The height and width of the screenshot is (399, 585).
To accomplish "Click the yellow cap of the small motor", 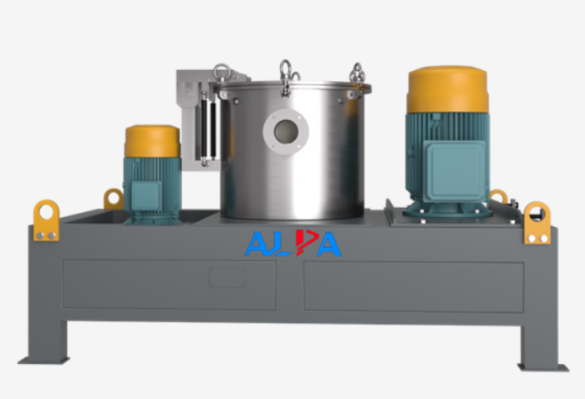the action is point(153,141).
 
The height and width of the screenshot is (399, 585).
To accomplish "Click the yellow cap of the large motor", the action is point(448,90).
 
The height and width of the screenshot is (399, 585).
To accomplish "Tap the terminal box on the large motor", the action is point(456,170).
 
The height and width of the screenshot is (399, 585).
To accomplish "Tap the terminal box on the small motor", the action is point(146,196).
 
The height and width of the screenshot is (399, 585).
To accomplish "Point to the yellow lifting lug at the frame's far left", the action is point(46,220).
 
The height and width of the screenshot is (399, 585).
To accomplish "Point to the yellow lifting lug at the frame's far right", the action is point(537,223).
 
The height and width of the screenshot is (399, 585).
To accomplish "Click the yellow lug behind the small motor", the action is point(113,199).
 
